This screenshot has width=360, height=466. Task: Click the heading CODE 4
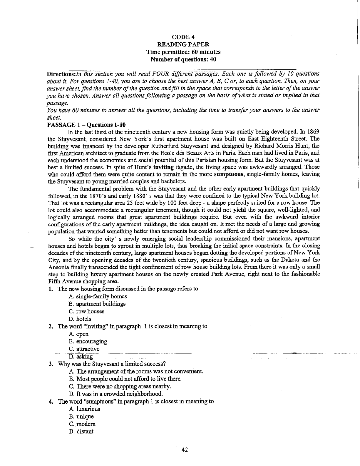pos(183,37)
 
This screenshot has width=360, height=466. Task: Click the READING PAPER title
pos(183,44)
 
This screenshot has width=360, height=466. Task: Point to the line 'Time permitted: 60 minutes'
pos(183,52)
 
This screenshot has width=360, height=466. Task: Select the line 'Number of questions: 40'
pos(183,59)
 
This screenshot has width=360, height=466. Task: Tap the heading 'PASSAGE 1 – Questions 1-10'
pos(86,125)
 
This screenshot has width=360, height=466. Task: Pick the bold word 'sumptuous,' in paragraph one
pos(229,174)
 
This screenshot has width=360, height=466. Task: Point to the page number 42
pos(185,450)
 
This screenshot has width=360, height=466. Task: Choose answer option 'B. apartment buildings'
pos(97,304)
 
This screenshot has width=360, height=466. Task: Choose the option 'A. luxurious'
pos(85,409)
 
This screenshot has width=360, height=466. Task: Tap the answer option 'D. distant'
pos(81,432)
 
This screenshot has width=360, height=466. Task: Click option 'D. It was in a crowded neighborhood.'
pos(116,394)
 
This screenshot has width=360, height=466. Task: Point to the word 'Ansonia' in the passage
pos(58,267)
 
